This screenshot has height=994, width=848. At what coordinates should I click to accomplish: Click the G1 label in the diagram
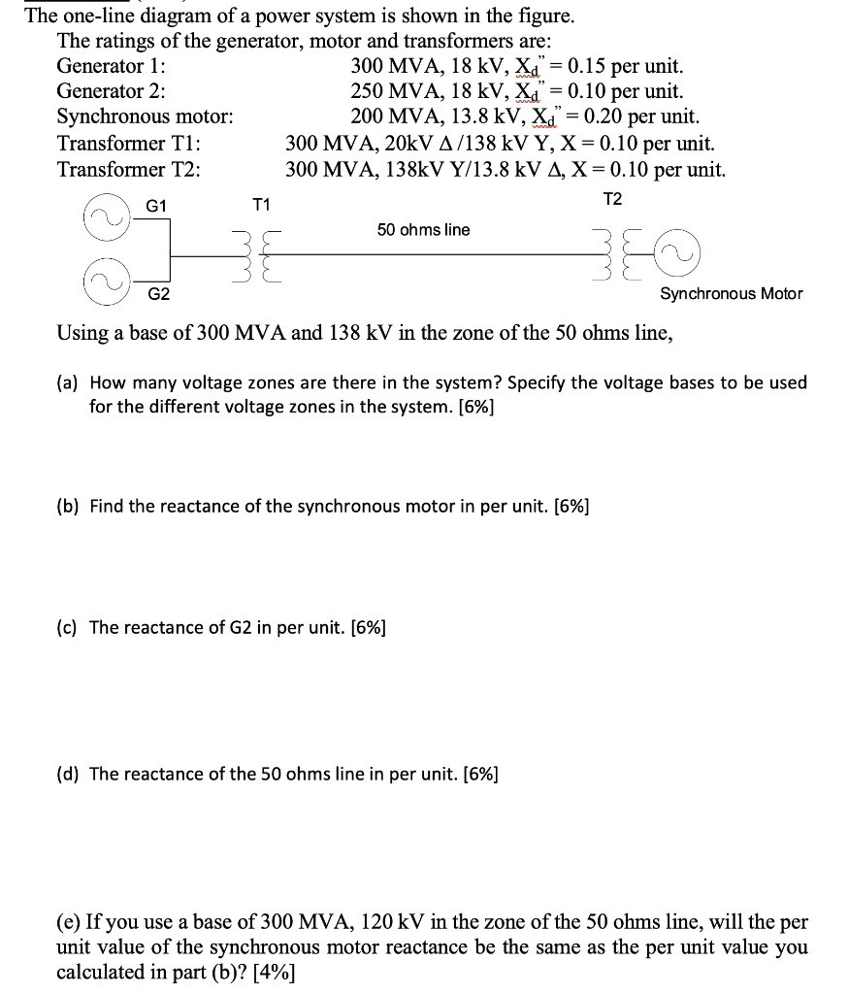pos(156,206)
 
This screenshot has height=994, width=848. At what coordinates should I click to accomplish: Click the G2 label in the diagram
pos(159,292)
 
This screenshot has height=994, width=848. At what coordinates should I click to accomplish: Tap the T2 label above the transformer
pos(612,199)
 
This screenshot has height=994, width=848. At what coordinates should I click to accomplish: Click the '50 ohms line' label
pos(423,230)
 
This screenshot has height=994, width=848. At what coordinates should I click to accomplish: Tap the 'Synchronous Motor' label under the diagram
pos(731,293)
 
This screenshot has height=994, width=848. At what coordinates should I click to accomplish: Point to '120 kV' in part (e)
pos(411,921)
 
